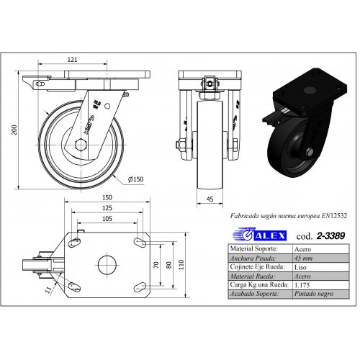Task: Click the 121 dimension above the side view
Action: tap(72, 59)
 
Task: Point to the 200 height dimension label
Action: tap(14, 130)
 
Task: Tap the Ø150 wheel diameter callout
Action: tap(135, 179)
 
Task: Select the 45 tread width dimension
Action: tap(210, 199)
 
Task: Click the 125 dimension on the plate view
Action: tap(107, 208)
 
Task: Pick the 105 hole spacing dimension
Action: tap(107, 219)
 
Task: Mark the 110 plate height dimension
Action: tap(181, 265)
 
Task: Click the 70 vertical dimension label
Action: tap(156, 265)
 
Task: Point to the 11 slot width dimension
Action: tap(48, 289)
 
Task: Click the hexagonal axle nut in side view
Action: tap(81, 145)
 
